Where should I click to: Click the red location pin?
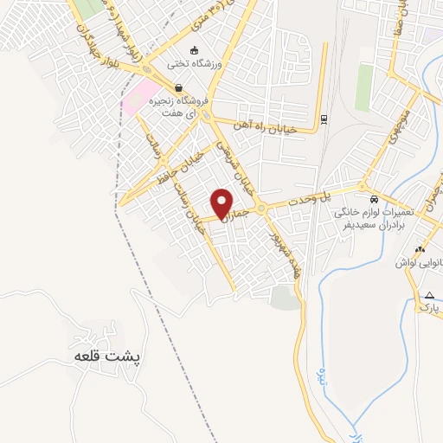tap(222, 202)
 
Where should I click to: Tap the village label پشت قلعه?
tap(107, 356)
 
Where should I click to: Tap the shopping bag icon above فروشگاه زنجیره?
tap(178, 87)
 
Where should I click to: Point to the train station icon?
tap(324, 119)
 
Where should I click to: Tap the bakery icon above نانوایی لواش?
tap(421, 249)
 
